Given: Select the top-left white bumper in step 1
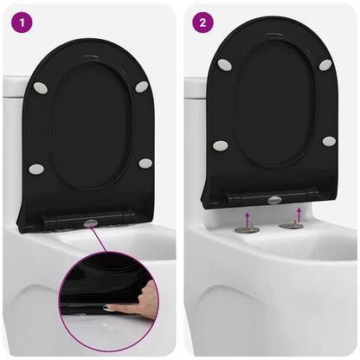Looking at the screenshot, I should click(x=41, y=87).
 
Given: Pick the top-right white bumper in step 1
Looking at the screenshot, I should click(x=142, y=87).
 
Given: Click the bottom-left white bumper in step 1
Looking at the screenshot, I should click(x=36, y=169).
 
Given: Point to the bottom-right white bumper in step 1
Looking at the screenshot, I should click(x=145, y=163).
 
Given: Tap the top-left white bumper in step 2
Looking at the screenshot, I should click(x=224, y=65).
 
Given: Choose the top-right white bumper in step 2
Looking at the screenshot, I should click(x=325, y=65).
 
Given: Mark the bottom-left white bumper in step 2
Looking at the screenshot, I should click(x=221, y=145).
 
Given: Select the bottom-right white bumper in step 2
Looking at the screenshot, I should click(x=329, y=140).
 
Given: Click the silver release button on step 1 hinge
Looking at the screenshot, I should click(x=91, y=222).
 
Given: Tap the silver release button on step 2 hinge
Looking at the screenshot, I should click(x=274, y=200).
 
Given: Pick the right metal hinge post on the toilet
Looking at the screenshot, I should click(x=292, y=226).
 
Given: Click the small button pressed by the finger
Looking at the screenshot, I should click(x=109, y=307).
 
